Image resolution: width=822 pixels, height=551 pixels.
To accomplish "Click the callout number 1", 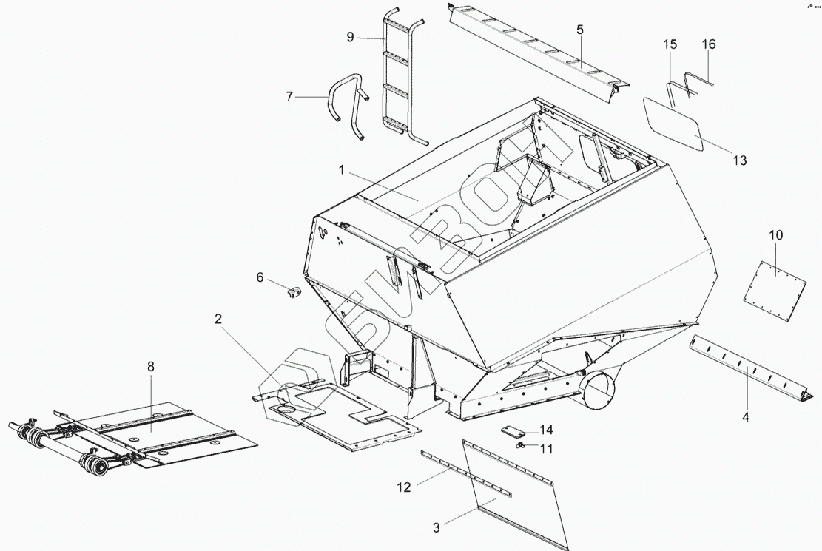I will point(343,170).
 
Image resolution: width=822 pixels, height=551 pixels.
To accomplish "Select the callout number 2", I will point(218,319).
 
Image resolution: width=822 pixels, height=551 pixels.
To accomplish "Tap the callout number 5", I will point(580,30).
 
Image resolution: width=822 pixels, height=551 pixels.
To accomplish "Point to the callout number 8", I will point(151,366).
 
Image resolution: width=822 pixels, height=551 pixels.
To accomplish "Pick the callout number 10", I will point(775,235).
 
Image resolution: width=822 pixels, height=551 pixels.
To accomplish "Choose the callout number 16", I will point(709,44).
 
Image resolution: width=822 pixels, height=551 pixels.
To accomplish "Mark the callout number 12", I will point(403,487).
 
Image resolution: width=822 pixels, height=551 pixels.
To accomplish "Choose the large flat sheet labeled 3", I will point(518,496).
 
